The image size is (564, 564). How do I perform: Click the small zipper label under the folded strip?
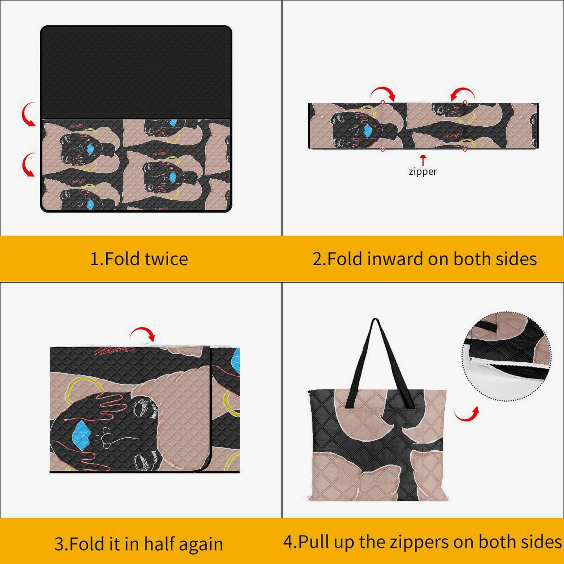(423, 172)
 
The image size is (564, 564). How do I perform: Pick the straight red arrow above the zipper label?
(423, 160)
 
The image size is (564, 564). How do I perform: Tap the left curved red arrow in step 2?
(383, 93)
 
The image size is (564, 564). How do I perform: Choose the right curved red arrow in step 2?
(463, 93)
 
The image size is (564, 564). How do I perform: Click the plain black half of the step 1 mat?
(136, 72)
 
